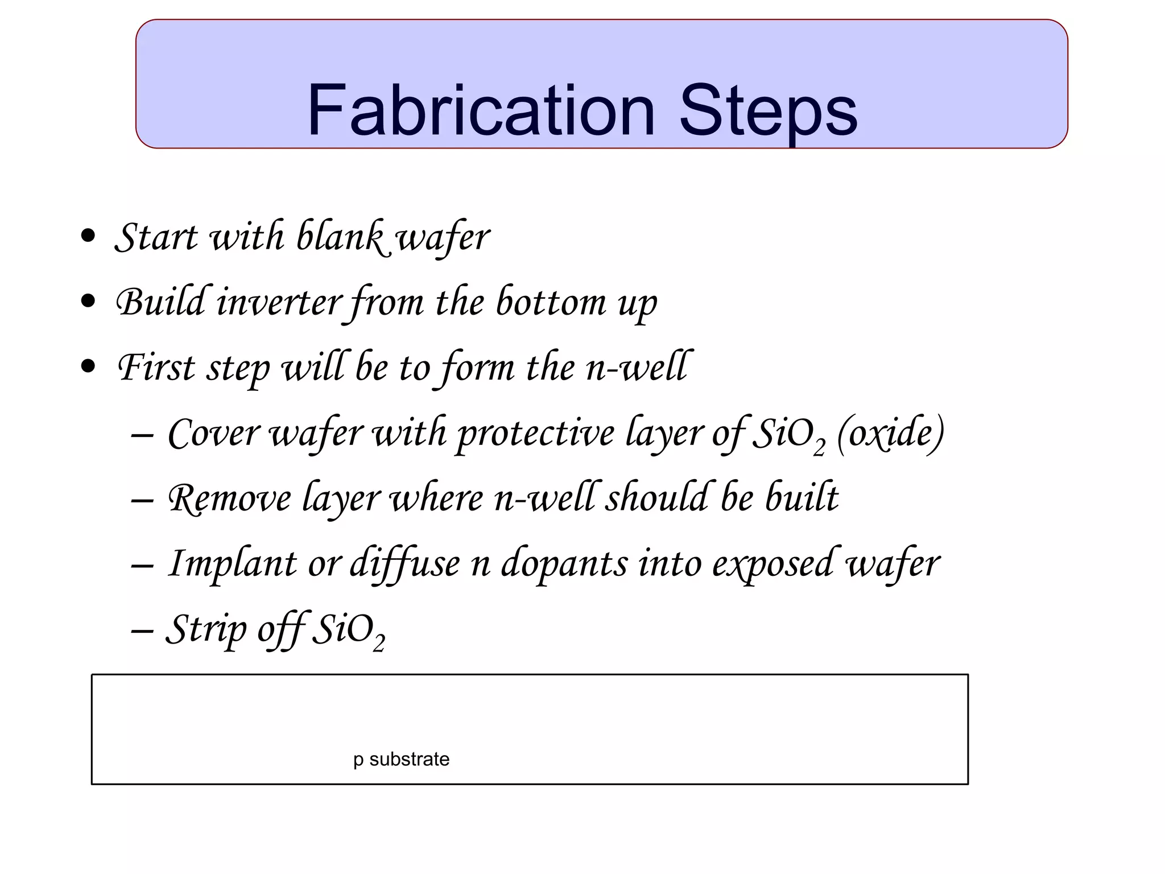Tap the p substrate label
(x=401, y=759)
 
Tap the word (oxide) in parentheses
(x=891, y=434)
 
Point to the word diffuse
(x=404, y=563)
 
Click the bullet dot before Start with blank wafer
(x=88, y=236)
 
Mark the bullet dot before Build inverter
(x=88, y=301)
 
